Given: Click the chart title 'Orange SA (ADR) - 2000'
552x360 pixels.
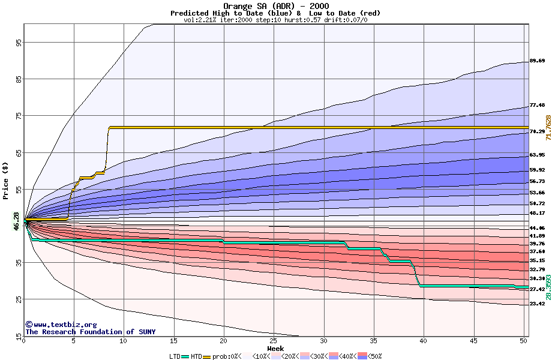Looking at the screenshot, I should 275,7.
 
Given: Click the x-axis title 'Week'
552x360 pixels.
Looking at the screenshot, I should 275,349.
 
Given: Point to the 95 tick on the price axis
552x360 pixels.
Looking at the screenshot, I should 19,43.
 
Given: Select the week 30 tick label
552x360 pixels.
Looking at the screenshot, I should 323,341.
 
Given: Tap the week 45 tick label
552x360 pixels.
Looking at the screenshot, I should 473,341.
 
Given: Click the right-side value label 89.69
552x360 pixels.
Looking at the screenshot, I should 537,61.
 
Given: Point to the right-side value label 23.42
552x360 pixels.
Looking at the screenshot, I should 537,304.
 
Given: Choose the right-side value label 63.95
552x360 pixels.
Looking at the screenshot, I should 537,155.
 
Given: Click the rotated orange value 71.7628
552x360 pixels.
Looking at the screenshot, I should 548,128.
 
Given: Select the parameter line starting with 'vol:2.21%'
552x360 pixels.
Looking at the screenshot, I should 275,20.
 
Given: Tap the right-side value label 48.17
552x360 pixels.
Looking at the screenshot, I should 537,213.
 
